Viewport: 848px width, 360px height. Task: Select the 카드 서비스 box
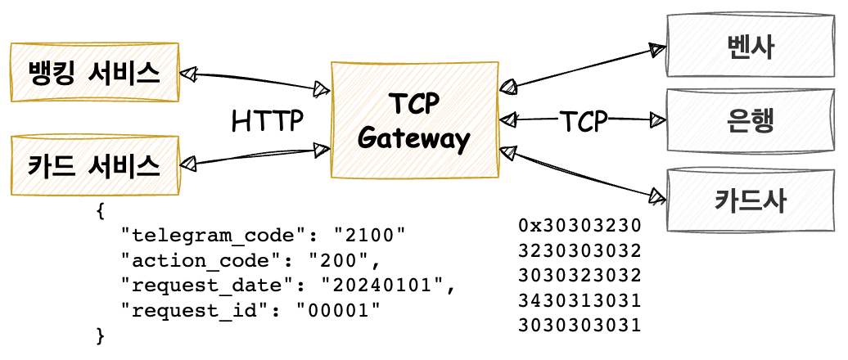click(x=93, y=165)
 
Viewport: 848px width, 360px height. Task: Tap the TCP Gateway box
click(x=414, y=119)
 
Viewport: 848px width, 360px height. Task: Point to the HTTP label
click(x=267, y=120)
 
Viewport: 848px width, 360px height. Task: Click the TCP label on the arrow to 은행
click(x=583, y=121)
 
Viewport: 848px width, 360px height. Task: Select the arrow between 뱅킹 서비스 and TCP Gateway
click(x=254, y=80)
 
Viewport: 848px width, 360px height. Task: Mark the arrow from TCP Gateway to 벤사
click(x=583, y=67)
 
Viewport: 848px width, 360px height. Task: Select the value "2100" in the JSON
click(x=368, y=236)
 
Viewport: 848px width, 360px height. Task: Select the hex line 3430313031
click(x=580, y=299)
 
